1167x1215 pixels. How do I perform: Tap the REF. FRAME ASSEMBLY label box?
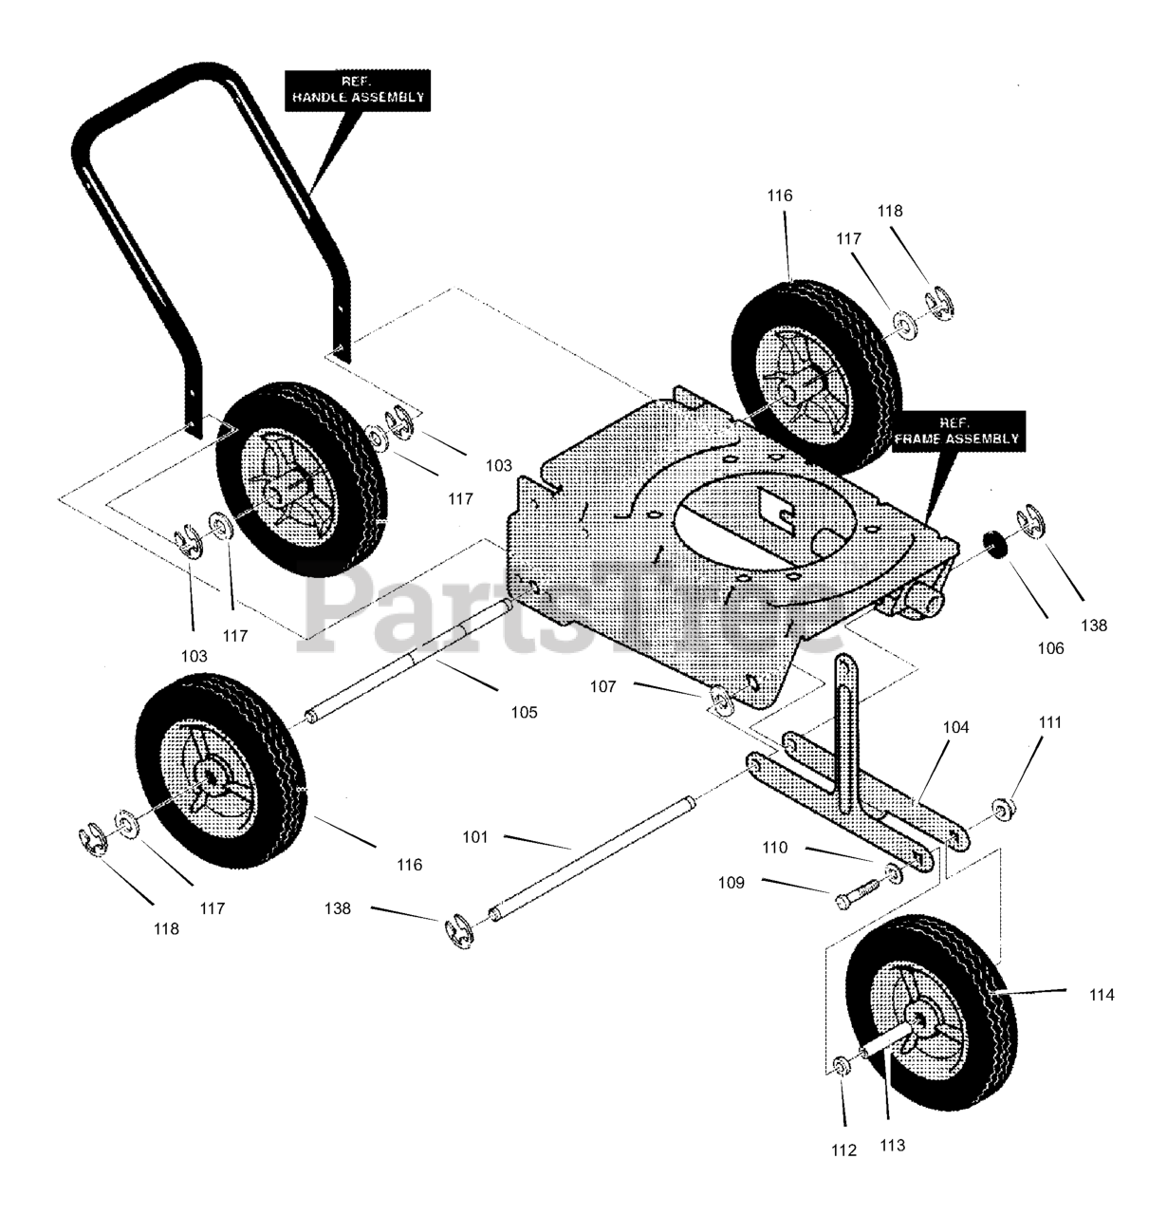click(959, 431)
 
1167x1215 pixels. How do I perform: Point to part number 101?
click(474, 837)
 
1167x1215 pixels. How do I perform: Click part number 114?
click(1102, 995)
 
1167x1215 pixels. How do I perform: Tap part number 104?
click(956, 727)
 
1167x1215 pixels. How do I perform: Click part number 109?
click(732, 882)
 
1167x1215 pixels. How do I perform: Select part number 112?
click(843, 1150)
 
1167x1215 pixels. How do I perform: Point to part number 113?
click(892, 1145)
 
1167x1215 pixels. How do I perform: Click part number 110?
click(774, 847)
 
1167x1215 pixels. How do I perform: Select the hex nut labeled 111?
click(1001, 810)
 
